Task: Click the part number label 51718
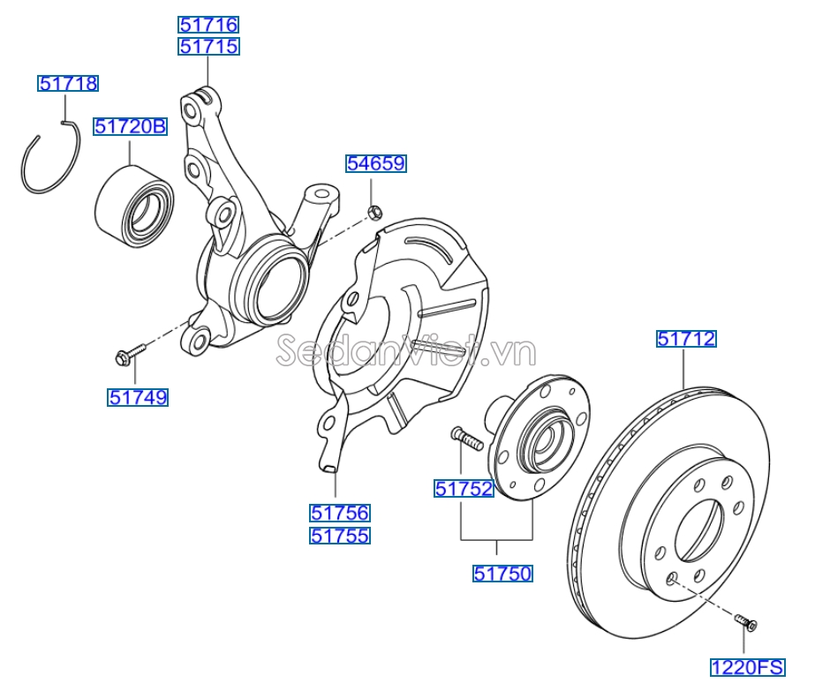pos(68,84)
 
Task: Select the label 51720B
pos(131,127)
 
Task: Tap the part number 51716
pos(208,25)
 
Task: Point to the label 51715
pos(208,47)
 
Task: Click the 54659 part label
pos(375,163)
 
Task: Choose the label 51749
pos(139,398)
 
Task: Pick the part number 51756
pos(340,513)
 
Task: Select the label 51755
pos(340,536)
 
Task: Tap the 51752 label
pos(464,488)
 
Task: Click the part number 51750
pos(502,574)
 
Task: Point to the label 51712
pos(686,338)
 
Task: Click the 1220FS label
pos(747,668)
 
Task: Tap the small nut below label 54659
pos(374,211)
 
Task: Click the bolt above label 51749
pos(127,355)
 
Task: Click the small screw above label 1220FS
pos(746,623)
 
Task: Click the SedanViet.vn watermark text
pos(405,352)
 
